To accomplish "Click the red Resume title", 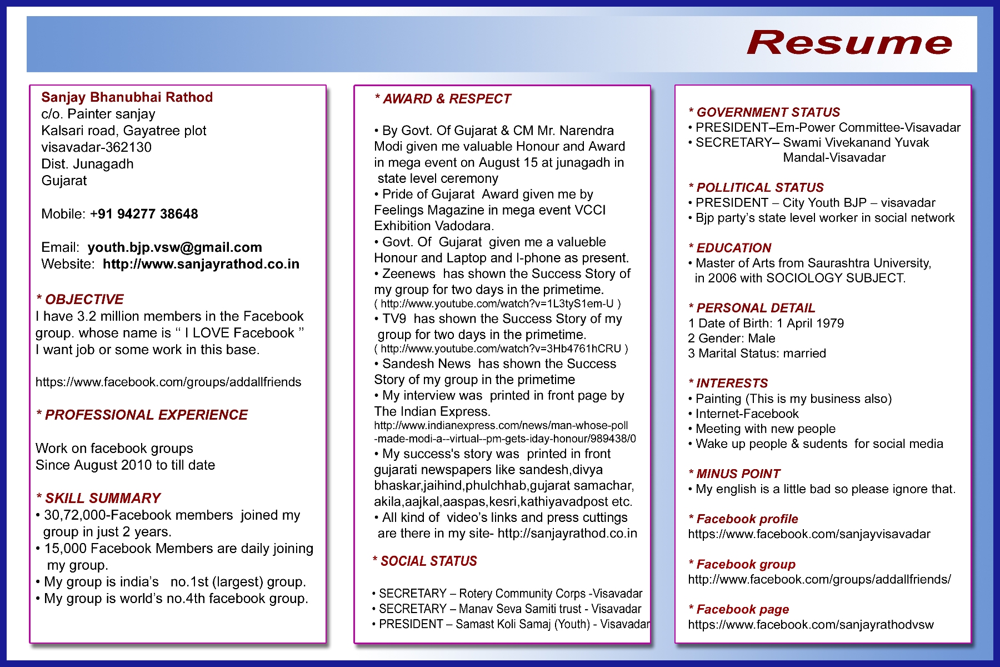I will point(849,43).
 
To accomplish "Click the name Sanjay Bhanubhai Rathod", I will point(127,97).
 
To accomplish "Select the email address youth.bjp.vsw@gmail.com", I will point(174,247).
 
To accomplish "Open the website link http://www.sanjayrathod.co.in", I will point(201,264).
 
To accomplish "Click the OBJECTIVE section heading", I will point(80,300).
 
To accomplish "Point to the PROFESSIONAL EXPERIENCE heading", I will point(142,415).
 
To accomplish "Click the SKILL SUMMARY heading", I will point(98,498).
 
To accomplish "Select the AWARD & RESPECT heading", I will point(443,99).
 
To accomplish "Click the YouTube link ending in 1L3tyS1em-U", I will point(497,304).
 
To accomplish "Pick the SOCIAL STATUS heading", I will point(425,561).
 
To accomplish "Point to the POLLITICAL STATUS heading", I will point(756,188).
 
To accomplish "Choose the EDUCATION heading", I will point(730,248).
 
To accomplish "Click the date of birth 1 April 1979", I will point(810,323).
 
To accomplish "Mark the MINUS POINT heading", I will point(734,474).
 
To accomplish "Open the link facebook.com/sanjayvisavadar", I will point(809,534).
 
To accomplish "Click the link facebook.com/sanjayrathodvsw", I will point(811,625).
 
